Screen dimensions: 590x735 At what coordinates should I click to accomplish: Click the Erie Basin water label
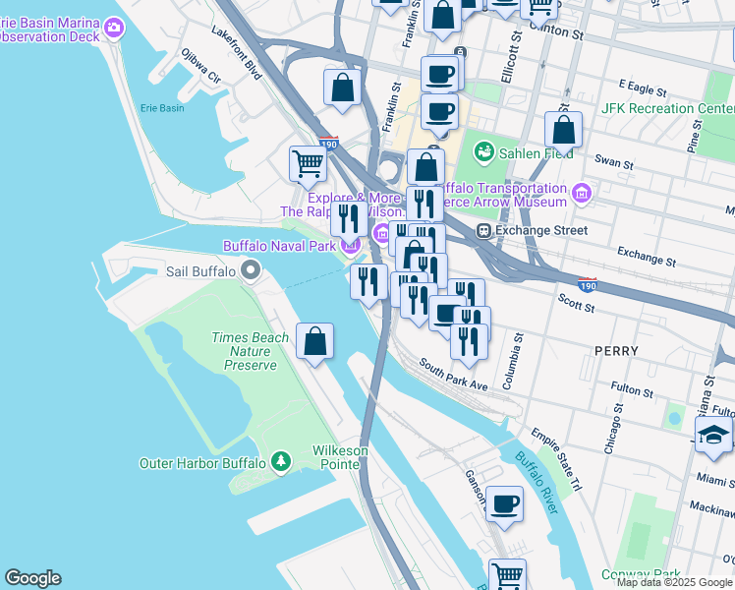pos(161,108)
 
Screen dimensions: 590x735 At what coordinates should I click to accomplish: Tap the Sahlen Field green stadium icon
pos(483,151)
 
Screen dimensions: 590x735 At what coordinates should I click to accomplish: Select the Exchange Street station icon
pos(483,231)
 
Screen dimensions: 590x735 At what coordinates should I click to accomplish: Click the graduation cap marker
pos(713,437)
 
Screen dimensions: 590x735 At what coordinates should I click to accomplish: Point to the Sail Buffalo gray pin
pos(250,269)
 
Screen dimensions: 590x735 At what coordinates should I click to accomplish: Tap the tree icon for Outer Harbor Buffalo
pos(281,461)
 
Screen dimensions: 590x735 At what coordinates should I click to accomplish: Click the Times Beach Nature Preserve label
pos(250,351)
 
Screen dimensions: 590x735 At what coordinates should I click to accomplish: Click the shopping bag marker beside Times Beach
pos(314,342)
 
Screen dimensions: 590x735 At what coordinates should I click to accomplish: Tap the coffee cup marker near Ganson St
pos(504,504)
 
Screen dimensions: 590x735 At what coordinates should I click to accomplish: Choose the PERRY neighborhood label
pos(616,351)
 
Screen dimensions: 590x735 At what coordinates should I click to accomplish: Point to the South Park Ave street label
pos(453,374)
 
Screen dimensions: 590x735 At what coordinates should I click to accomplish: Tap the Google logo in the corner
pos(32,578)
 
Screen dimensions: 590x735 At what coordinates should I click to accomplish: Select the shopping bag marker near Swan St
pos(563,130)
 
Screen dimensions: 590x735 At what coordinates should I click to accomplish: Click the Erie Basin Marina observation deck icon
pos(114,27)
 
